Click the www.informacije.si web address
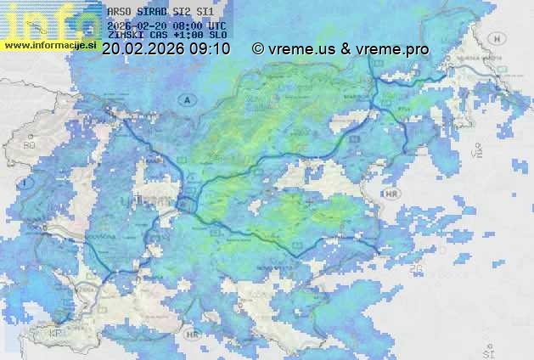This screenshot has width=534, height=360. pos(51,43)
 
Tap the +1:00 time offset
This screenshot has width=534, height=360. pos(192,36)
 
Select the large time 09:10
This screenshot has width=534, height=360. pos(209,49)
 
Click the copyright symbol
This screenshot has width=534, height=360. pos(258,49)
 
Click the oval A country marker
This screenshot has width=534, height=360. pos(186,99)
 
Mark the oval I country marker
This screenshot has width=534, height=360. pos(26,183)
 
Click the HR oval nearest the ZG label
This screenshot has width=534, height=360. pos(391,194)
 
